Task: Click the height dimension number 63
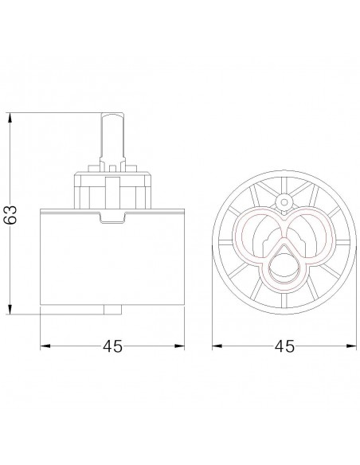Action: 10,214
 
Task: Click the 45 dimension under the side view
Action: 112,346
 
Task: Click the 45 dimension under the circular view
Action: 284,346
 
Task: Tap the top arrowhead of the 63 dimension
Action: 10,117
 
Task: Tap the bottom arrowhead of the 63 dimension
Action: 10,309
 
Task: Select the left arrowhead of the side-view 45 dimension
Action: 45,346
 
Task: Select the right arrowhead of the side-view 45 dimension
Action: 179,346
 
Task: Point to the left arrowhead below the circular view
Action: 217,346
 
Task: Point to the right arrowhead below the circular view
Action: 351,346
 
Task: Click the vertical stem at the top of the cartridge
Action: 112,139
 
